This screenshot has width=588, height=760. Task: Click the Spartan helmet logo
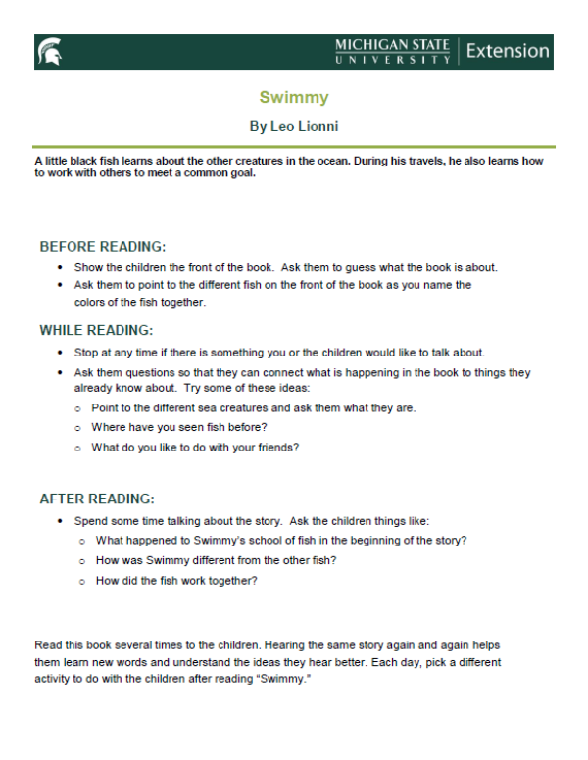(x=49, y=52)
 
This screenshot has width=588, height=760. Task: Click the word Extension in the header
(x=508, y=51)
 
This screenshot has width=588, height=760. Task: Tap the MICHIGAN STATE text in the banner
(x=392, y=45)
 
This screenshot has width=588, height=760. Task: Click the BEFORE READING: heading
(x=103, y=246)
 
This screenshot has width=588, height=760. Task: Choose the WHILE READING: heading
(x=96, y=330)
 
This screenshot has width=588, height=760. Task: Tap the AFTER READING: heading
(x=97, y=499)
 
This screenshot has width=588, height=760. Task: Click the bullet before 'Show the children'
(x=61, y=267)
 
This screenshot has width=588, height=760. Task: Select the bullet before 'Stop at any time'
(x=61, y=353)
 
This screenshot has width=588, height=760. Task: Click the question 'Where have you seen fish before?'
(x=179, y=427)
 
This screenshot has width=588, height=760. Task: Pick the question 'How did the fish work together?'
(x=176, y=581)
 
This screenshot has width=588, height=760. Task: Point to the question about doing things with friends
(x=195, y=448)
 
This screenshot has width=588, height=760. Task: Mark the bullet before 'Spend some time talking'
(x=61, y=521)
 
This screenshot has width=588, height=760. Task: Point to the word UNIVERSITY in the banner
(x=392, y=60)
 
